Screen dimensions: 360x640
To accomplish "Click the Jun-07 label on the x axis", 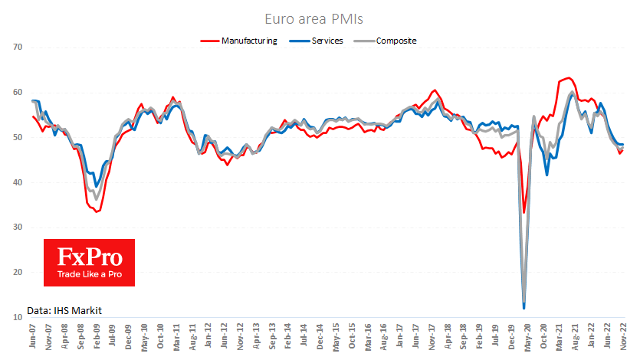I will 34,338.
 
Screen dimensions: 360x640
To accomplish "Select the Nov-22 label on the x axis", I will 624,338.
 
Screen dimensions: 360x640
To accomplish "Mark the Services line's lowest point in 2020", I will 524,308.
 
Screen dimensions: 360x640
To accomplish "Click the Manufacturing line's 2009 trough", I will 97,211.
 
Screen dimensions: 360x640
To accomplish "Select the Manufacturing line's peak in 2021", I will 567,78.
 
